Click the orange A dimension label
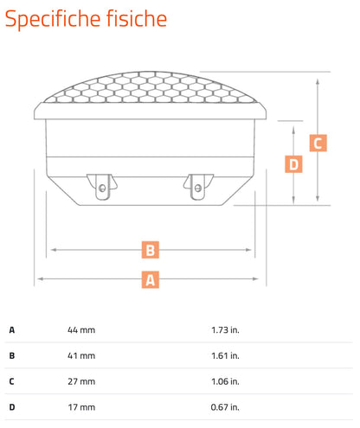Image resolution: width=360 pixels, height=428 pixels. (x=151, y=279)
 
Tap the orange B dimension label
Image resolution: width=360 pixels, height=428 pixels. (x=151, y=250)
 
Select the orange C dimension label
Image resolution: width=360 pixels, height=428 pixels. (x=318, y=143)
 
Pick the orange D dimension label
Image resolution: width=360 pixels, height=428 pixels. (x=293, y=164)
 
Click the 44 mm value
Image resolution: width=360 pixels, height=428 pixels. (x=81, y=329)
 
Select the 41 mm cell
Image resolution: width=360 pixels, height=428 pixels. (x=81, y=355)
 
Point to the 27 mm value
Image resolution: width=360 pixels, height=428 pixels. (x=81, y=381)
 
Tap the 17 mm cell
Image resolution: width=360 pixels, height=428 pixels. (x=81, y=407)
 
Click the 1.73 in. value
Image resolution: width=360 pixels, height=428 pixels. (x=225, y=329)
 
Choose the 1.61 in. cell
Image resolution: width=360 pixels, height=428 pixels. (x=225, y=355)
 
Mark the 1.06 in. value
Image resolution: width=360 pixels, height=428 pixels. (x=225, y=381)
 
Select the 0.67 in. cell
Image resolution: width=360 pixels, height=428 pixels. (x=225, y=407)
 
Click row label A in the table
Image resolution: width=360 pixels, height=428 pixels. (x=12, y=329)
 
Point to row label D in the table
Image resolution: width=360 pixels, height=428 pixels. (x=12, y=407)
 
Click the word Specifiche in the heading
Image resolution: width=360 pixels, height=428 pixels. (x=53, y=19)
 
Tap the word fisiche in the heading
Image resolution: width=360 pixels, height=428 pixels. (x=137, y=18)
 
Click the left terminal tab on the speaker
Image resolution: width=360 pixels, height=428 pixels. (x=102, y=187)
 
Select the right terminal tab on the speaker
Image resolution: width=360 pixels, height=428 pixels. (x=198, y=187)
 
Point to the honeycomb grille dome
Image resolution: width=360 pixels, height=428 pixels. (x=150, y=87)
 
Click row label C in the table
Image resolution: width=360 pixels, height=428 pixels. (x=12, y=381)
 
